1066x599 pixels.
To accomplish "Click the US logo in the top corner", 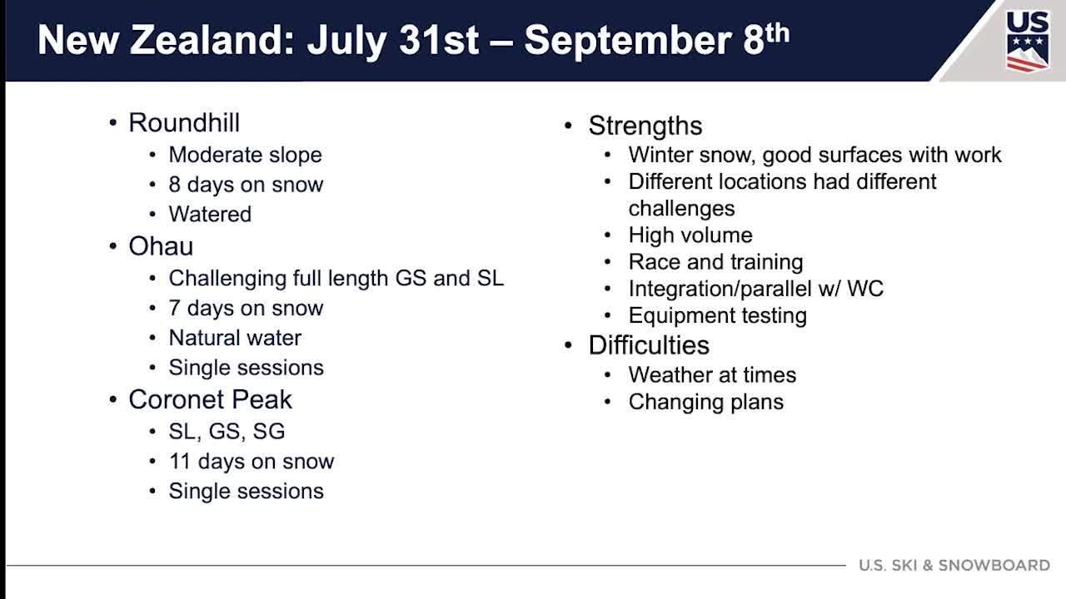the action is [x=1028, y=42].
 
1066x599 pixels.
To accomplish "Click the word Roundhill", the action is [x=184, y=122].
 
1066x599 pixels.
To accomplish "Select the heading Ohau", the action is [x=161, y=246].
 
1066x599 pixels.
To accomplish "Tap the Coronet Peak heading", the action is [x=210, y=399].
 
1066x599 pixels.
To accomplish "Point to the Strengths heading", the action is [x=645, y=126].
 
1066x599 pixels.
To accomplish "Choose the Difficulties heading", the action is [x=649, y=345].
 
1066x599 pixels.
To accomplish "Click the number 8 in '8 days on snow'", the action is [x=175, y=185].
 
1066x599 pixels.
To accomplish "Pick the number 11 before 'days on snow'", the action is [x=179, y=462].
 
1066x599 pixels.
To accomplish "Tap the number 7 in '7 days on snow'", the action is [x=175, y=309].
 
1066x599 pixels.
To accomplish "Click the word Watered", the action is [x=210, y=215].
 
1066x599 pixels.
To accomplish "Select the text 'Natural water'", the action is [x=235, y=338].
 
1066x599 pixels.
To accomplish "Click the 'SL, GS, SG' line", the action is [x=227, y=432].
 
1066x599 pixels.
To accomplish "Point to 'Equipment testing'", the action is [x=718, y=316].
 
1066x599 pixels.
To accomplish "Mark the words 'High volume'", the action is [x=690, y=235].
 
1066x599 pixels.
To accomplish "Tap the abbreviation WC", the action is [x=865, y=289].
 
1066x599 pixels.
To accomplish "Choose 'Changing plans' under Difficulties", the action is [x=705, y=402].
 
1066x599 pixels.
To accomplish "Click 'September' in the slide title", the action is [x=628, y=41].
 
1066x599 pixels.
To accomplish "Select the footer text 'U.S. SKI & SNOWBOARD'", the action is [x=954, y=565].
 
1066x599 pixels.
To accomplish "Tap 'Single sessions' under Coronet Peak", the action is [x=246, y=492].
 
